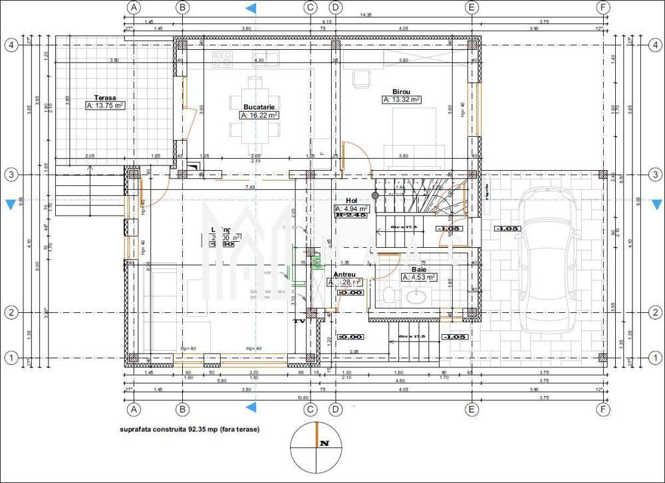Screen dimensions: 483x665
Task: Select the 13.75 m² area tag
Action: [x=105, y=106]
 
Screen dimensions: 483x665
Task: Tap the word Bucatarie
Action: [x=259, y=106]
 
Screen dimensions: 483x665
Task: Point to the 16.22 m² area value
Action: [x=259, y=115]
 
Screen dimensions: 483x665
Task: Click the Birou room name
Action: [x=401, y=92]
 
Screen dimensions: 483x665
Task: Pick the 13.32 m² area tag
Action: [x=402, y=100]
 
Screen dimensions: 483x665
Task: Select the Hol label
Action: [x=352, y=201]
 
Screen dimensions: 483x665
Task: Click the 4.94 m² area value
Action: [x=352, y=209]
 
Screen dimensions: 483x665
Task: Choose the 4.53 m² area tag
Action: [x=418, y=278]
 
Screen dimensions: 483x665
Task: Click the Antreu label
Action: [x=344, y=274]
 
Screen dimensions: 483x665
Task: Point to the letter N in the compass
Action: [x=324, y=442]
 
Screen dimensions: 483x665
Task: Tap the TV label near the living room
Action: [x=299, y=322]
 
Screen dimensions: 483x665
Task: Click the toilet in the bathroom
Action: [x=389, y=294]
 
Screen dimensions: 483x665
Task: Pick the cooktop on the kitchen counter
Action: [x=221, y=59]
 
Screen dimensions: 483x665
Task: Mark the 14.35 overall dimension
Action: [x=366, y=15]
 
